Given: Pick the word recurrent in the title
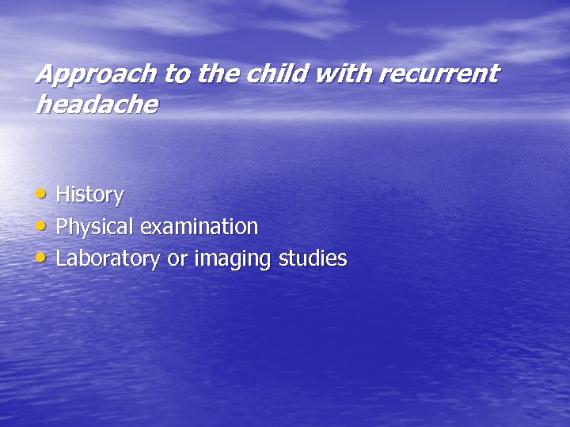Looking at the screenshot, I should click(439, 75).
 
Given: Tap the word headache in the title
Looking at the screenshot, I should click(97, 104).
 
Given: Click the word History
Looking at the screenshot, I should click(89, 195).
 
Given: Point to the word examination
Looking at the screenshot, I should click(199, 227).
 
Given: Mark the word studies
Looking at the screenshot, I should click(313, 259).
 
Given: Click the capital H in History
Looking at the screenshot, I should click(63, 195).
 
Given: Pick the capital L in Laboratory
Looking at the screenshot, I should click(62, 258).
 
